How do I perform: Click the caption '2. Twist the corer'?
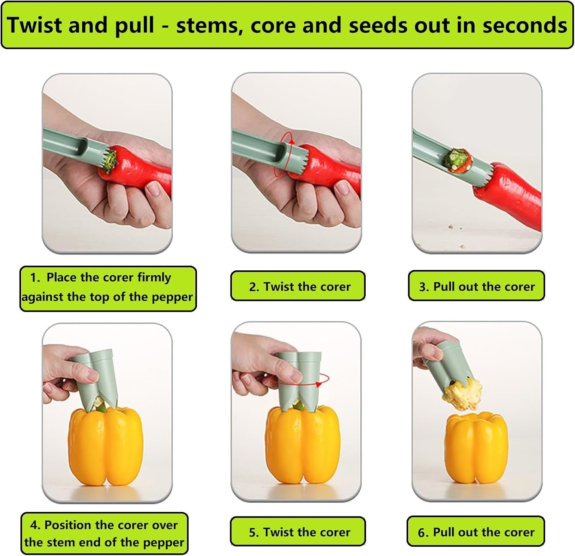click(x=300, y=286)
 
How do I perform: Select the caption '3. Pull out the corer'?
click(x=477, y=286)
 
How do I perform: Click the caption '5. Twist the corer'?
click(x=300, y=532)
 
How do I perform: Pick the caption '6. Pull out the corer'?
click(x=476, y=532)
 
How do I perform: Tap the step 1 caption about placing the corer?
click(x=107, y=287)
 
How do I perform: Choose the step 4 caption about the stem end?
click(x=104, y=534)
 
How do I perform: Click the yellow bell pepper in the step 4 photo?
click(x=105, y=447)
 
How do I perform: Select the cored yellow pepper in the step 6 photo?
click(x=476, y=448)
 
